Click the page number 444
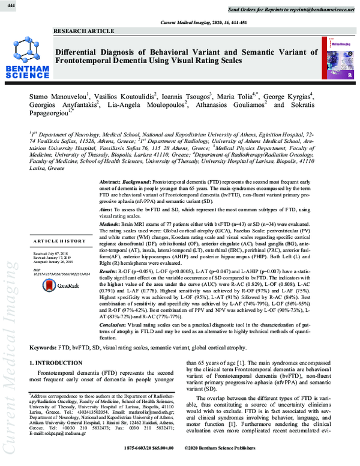11,5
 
